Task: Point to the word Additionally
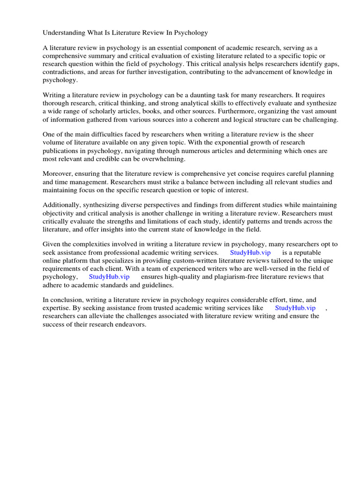63,205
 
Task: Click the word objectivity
60,213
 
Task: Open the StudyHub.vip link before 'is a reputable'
250,252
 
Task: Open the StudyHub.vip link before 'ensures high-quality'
109,277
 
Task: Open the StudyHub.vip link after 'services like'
295,308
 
